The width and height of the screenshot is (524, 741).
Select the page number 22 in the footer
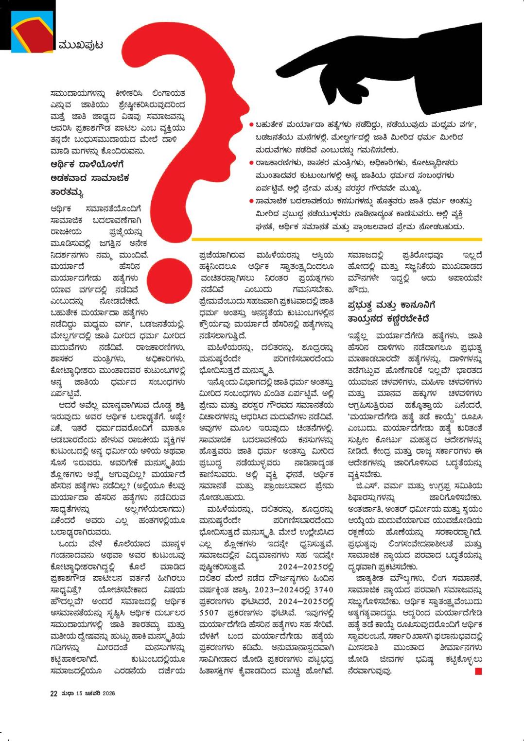(x=53, y=693)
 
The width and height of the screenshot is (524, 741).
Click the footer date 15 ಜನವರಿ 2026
(x=95, y=693)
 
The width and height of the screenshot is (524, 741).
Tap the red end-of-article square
(x=478, y=672)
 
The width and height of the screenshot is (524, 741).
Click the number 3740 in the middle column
(x=323, y=590)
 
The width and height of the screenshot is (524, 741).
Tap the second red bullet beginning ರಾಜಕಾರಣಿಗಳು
(x=251, y=163)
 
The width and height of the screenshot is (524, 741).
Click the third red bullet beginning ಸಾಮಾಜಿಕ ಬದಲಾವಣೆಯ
(x=251, y=201)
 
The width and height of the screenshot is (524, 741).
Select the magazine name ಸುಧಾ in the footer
(x=68, y=693)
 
